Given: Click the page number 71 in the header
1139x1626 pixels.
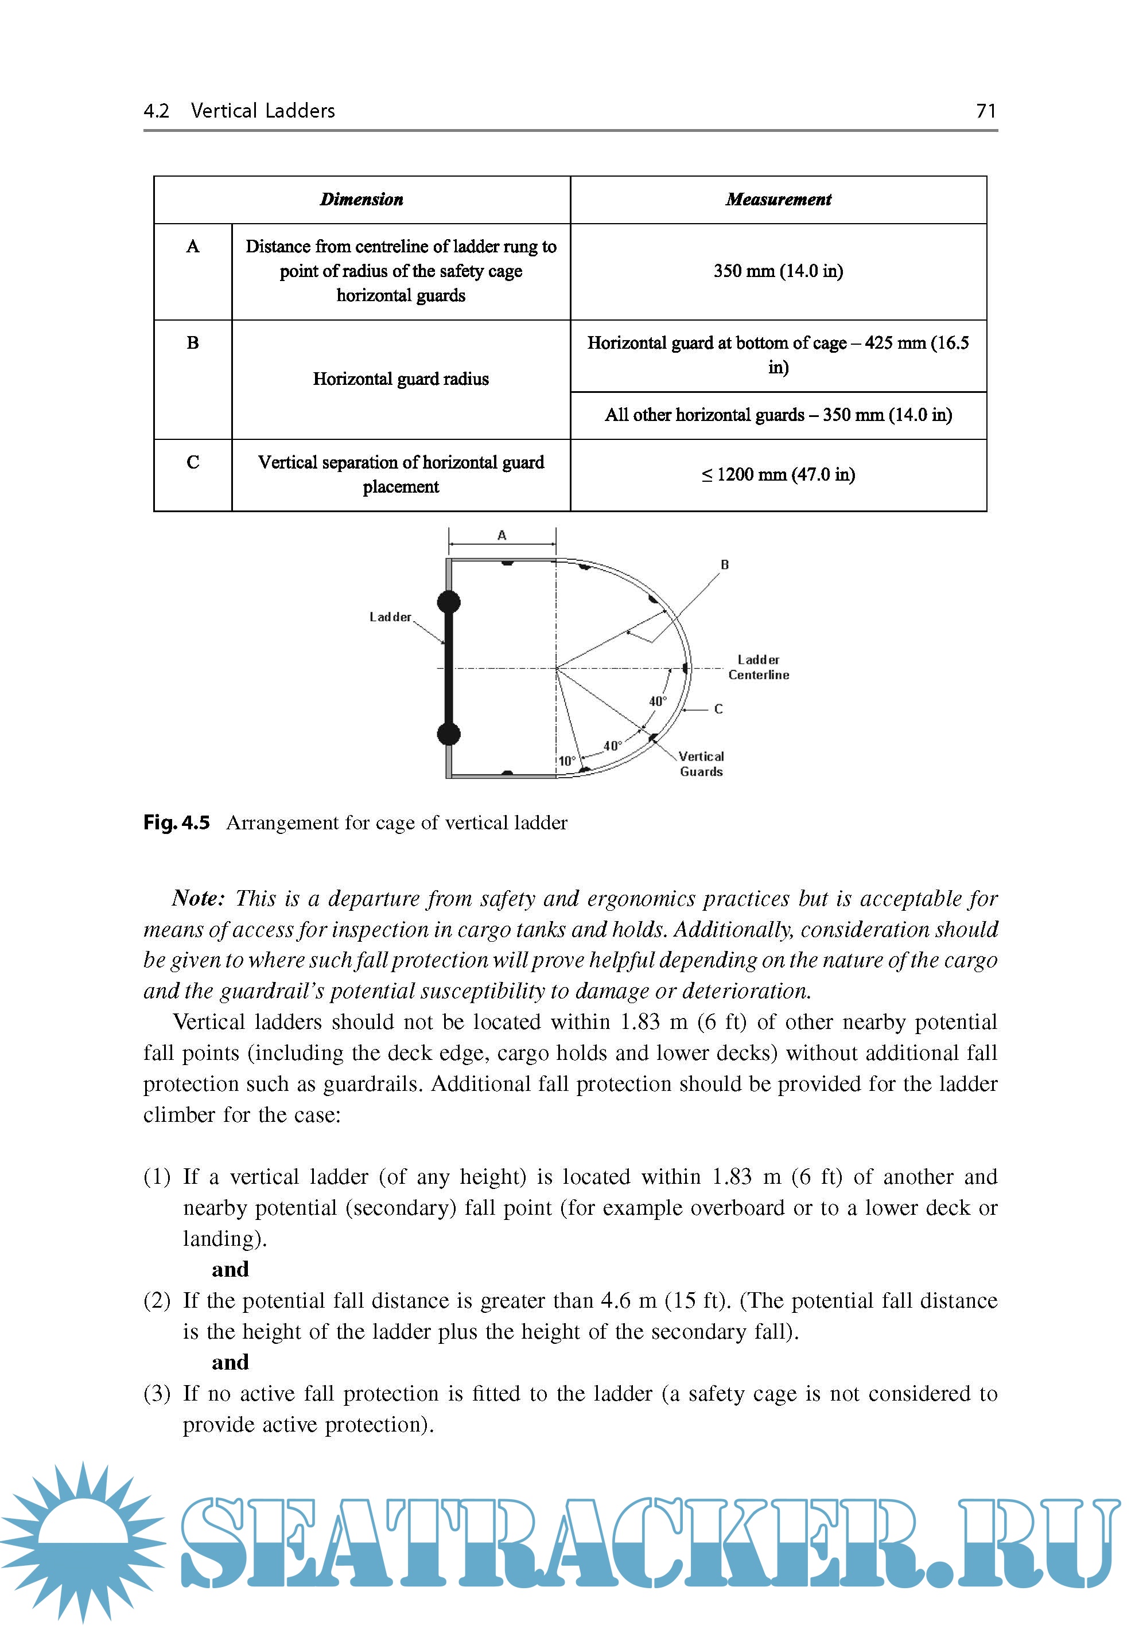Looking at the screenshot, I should (x=985, y=111).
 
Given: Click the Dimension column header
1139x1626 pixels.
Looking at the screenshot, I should (x=361, y=200).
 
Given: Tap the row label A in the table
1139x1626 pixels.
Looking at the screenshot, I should (x=193, y=247).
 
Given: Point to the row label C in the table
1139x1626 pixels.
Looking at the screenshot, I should (x=193, y=462).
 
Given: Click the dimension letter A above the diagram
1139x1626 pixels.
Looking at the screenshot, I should (x=502, y=535).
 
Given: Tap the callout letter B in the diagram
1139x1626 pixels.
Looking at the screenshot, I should (x=725, y=564).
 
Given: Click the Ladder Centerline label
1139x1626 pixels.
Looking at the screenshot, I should (x=758, y=667).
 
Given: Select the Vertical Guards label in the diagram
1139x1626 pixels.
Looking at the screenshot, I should (x=701, y=764).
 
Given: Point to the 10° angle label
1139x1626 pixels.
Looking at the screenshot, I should (x=567, y=761).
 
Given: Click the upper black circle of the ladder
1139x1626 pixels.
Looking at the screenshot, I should (x=448, y=602).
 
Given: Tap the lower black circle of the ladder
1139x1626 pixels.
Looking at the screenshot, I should (x=448, y=734).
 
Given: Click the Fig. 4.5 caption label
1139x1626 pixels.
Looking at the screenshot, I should (x=176, y=823).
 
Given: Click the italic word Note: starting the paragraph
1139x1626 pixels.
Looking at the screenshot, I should (x=197, y=899).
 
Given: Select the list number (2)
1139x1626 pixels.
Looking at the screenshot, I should (x=157, y=1301).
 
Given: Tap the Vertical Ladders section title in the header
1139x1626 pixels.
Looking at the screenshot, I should (x=262, y=111).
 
